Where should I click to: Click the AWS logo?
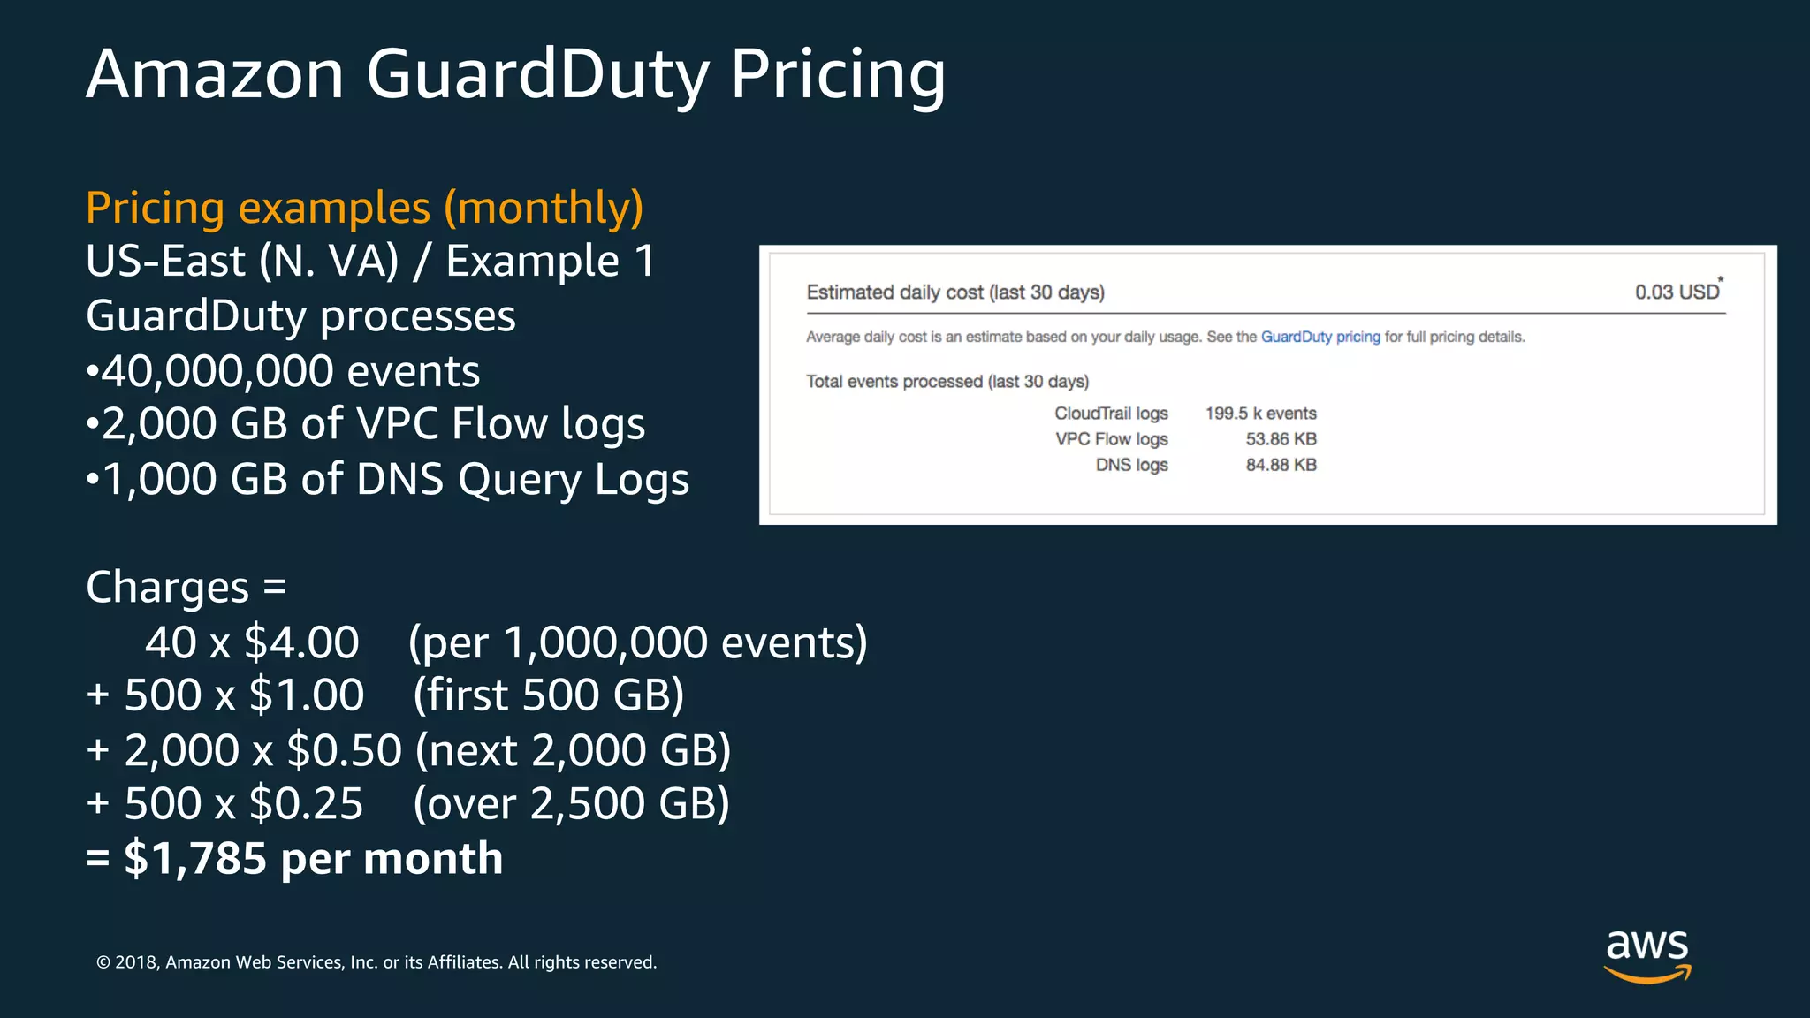pyautogui.click(x=1647, y=955)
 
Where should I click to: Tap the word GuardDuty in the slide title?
pyautogui.click(x=537, y=76)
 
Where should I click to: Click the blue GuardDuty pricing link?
pyautogui.click(x=1320, y=337)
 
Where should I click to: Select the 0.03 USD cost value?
pyautogui.click(x=1677, y=292)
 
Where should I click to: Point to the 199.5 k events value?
pyautogui.click(x=1260, y=414)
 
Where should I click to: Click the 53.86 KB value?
pyautogui.click(x=1281, y=439)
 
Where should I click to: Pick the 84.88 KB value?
pyautogui.click(x=1281, y=465)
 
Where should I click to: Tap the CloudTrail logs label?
pyautogui.click(x=1111, y=414)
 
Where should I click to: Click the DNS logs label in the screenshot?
pyautogui.click(x=1131, y=465)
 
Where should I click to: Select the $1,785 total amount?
pyautogui.click(x=195, y=859)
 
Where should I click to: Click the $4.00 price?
pyautogui.click(x=301, y=642)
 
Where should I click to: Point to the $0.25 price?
pyautogui.click(x=306, y=804)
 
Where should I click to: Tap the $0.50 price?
pyautogui.click(x=344, y=750)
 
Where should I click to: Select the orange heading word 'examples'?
pyautogui.click(x=334, y=209)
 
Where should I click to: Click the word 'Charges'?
pyautogui.click(x=168, y=588)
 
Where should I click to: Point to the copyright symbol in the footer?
pyautogui.click(x=103, y=962)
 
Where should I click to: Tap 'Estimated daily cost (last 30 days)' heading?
pyautogui.click(x=955, y=292)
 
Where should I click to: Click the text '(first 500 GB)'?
pyautogui.click(x=549, y=696)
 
